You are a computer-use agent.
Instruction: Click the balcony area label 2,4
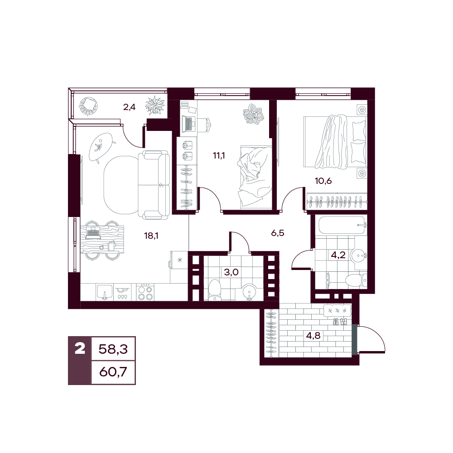point(129,107)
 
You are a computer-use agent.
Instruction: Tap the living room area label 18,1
point(151,236)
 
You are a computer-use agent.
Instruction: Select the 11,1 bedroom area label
point(219,156)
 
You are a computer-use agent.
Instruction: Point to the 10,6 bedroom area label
point(323,181)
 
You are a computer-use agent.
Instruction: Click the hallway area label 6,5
point(278,233)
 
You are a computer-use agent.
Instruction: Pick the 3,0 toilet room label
point(231,272)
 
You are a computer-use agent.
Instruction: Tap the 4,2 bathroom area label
point(338,255)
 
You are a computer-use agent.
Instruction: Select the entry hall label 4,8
point(313,336)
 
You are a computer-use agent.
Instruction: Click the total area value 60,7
point(113,372)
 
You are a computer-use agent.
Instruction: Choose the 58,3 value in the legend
point(113,349)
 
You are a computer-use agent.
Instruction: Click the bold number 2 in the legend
point(80,348)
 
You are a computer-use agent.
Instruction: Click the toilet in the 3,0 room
point(214,289)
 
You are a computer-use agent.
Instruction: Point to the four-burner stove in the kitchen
point(145,292)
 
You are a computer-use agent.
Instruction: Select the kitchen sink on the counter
point(105,292)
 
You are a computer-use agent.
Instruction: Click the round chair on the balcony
point(88,106)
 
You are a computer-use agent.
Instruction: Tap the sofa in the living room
point(154,185)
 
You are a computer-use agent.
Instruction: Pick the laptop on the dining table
point(93,233)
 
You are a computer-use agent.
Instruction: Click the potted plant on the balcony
point(155,106)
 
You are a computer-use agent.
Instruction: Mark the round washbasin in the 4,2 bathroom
point(358,255)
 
